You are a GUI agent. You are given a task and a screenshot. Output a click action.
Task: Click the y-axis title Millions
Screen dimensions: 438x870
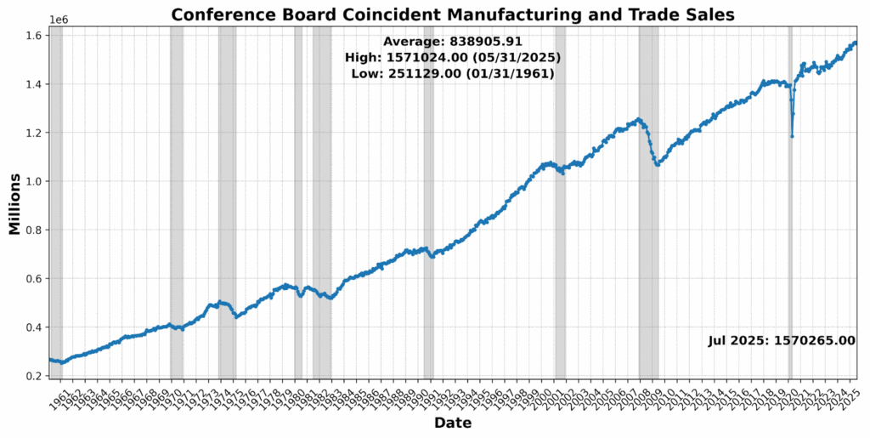click(x=14, y=203)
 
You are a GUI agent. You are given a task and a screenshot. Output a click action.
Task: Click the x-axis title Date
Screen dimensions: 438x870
click(x=453, y=423)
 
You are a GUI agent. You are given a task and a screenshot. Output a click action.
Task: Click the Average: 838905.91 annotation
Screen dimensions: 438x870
click(x=452, y=42)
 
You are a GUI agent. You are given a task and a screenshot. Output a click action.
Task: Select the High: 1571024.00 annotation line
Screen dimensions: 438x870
click(x=452, y=58)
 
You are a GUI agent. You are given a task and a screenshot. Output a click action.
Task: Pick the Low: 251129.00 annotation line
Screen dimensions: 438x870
click(x=452, y=74)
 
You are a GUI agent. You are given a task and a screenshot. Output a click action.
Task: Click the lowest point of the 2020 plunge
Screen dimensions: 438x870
click(x=792, y=136)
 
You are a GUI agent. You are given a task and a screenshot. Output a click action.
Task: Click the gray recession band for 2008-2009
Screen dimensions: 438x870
click(x=648, y=255)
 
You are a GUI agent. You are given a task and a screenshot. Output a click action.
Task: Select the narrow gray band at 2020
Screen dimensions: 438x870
click(x=790, y=255)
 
